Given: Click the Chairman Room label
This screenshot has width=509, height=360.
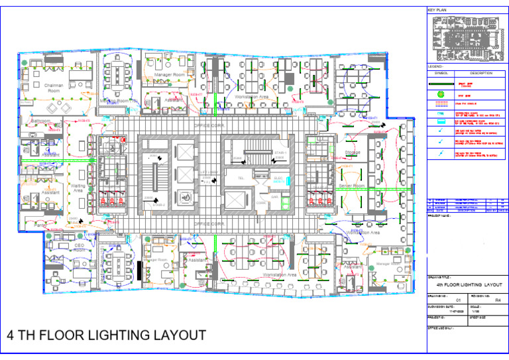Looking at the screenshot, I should pos(54,88).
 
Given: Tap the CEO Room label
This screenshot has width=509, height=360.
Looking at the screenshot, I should pos(79,247).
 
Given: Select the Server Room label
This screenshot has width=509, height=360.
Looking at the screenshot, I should pos(352,186).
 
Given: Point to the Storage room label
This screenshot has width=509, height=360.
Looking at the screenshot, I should pos(353,152).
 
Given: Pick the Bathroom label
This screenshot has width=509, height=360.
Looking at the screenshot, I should pos(40,121).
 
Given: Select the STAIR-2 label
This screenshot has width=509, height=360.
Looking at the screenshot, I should pos(159,206).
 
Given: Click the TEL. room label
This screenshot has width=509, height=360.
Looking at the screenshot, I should pos(241,178).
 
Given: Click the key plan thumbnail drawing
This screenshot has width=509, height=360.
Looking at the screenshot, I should pos(466,39).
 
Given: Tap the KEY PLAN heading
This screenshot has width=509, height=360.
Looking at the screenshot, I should pos(438,11).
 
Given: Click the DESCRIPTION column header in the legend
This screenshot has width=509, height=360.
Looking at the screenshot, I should pos(481,73).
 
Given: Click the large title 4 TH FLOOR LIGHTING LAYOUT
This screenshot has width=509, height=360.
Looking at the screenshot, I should pos(106,335).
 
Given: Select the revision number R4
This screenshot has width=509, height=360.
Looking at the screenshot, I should pos(488,300).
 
